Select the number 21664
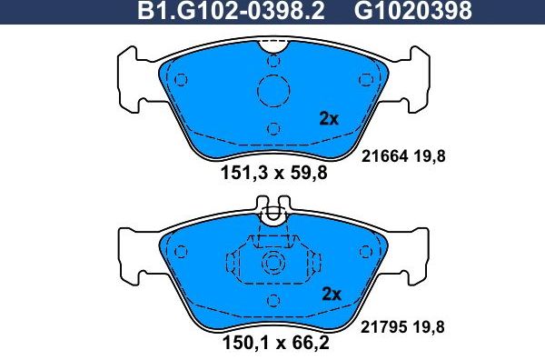[383, 155]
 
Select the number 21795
[383, 325]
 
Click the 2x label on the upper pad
[329, 118]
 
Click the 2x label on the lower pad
[331, 294]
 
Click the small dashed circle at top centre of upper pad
[272, 60]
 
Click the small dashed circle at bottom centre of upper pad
[272, 127]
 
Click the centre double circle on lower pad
[272, 265]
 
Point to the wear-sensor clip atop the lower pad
[272, 215]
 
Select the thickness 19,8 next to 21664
[431, 155]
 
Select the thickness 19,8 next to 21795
[431, 325]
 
